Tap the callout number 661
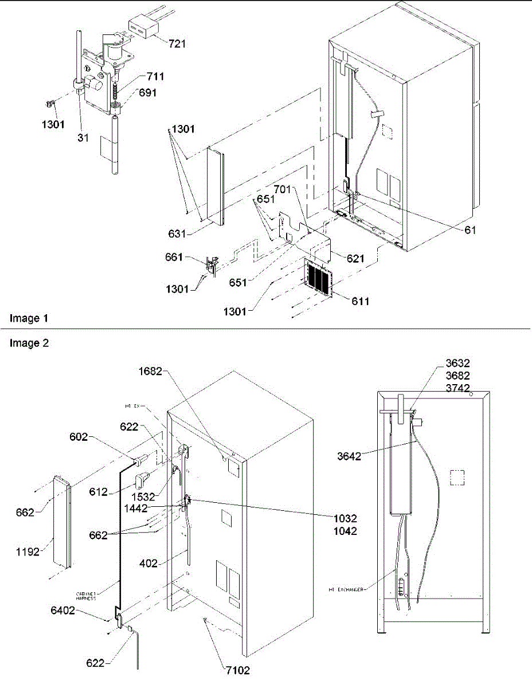point(189,259)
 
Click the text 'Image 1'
point(25,318)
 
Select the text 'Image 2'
point(25,343)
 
